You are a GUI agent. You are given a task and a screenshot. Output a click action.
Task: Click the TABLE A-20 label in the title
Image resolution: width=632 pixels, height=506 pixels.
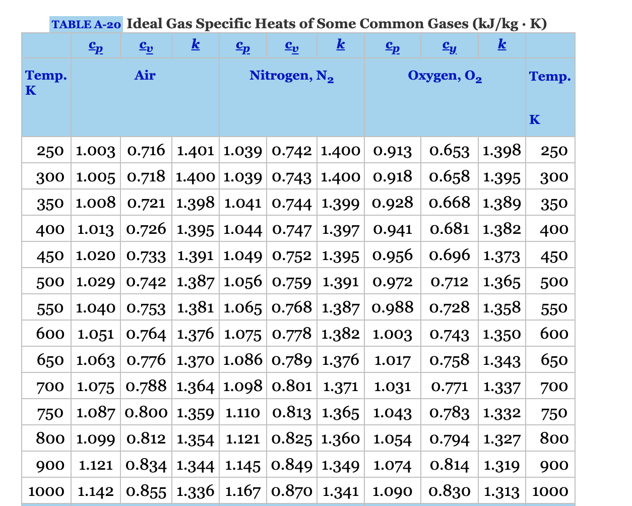tap(86, 24)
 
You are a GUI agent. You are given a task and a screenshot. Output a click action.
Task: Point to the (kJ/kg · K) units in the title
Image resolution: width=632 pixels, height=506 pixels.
tap(510, 24)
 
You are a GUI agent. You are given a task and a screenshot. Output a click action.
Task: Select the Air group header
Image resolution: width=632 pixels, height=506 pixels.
tap(145, 76)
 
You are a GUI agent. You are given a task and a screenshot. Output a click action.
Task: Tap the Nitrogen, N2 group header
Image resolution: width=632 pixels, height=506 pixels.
tap(291, 76)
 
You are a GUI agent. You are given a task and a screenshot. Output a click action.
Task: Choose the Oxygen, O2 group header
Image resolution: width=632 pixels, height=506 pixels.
tap(445, 76)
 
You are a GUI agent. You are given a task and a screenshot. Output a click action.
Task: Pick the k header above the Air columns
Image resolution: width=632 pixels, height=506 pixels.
tap(196, 45)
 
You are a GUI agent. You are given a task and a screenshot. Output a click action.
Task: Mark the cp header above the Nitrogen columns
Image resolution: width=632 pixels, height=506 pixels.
tap(243, 46)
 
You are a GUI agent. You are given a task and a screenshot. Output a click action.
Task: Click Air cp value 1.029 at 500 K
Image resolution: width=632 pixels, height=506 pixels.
tap(96, 282)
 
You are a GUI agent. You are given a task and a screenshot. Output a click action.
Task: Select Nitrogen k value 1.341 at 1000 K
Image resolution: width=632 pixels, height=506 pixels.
tap(341, 491)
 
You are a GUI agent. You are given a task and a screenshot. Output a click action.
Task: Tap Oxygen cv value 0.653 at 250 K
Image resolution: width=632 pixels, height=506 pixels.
tap(449, 151)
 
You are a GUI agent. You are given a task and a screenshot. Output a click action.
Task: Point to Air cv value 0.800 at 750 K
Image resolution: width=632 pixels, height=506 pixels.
tap(146, 413)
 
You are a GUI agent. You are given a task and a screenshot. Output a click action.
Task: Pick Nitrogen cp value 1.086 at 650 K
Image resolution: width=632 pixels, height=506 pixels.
tap(242, 360)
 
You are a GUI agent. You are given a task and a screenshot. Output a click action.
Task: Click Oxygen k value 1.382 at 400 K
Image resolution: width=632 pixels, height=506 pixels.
tap(501, 229)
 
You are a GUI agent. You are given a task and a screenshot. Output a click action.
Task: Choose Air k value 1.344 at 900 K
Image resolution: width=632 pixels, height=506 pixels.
tap(196, 465)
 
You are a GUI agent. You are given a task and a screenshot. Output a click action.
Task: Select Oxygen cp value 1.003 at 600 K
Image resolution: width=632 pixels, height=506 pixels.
tap(392, 334)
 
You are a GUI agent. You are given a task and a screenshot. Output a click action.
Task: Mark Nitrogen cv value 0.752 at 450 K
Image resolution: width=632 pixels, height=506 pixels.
tap(292, 256)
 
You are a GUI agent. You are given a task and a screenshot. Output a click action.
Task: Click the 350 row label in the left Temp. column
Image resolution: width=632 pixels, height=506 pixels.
tap(50, 203)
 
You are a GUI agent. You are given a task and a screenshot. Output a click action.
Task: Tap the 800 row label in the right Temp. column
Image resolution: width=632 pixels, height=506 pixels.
tap(554, 438)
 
